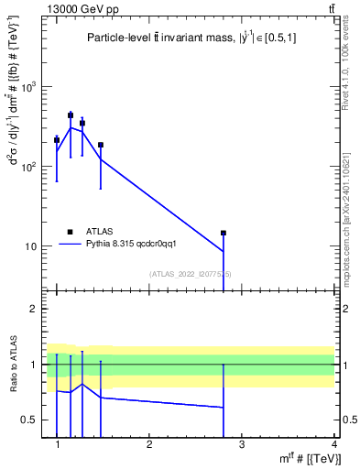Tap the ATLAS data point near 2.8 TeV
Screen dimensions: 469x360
223,233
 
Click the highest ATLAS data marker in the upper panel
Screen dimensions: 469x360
71,115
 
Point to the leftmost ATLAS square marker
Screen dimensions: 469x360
57,139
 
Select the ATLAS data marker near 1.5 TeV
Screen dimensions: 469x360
101,145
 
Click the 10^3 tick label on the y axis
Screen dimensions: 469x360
29,87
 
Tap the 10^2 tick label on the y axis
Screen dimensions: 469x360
29,167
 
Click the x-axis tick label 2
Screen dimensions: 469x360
149,444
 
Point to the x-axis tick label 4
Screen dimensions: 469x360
333,444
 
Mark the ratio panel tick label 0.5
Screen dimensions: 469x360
29,420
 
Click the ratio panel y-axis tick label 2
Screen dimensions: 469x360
34,309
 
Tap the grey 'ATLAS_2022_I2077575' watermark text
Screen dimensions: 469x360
191,274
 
